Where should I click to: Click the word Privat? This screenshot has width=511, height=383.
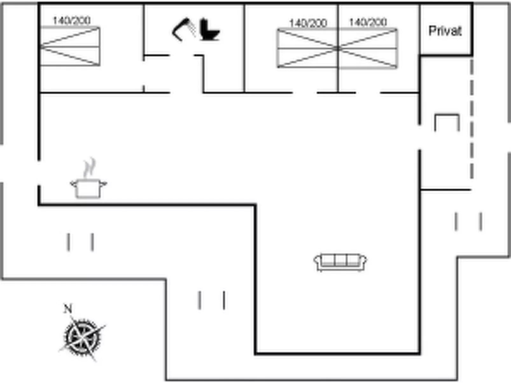[445, 31]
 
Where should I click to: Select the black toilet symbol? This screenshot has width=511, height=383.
[209, 30]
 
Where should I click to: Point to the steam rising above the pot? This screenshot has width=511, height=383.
[89, 168]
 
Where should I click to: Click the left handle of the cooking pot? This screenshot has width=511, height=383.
[73, 184]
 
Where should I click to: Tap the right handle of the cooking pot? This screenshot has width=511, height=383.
[104, 183]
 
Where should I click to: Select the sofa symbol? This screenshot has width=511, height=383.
[340, 262]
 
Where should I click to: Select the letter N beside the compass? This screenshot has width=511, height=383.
[68, 309]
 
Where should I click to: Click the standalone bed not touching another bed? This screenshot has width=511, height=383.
[70, 47]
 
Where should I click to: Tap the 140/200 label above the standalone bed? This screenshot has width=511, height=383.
[72, 21]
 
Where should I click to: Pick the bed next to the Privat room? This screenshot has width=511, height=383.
[368, 48]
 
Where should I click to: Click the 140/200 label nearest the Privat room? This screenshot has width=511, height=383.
[368, 22]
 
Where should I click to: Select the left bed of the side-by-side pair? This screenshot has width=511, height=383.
[307, 48]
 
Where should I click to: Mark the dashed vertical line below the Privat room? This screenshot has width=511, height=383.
[472, 118]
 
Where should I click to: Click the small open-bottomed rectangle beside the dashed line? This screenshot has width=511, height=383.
[447, 122]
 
